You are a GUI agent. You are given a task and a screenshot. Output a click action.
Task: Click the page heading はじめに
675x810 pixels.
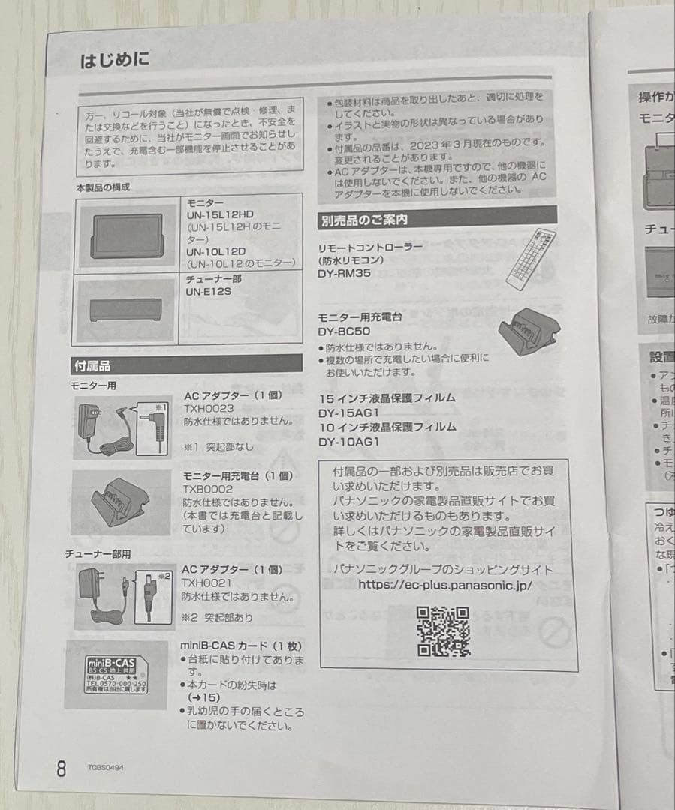[x=114, y=60]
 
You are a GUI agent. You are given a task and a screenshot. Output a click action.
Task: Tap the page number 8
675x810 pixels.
[x=62, y=768]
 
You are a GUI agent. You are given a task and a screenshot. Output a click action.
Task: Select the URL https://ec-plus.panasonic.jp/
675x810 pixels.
[x=444, y=584]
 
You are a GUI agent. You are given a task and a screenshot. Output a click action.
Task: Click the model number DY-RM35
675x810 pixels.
[x=345, y=274]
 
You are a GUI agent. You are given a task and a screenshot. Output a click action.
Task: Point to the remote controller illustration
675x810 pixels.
[x=530, y=259]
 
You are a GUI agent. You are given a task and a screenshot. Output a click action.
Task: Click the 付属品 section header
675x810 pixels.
[x=92, y=366]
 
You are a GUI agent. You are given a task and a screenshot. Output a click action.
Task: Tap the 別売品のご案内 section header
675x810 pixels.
[x=364, y=220]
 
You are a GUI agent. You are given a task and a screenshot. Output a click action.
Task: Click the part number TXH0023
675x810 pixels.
[x=207, y=408]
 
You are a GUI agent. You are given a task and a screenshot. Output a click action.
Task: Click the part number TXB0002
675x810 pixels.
[x=206, y=489]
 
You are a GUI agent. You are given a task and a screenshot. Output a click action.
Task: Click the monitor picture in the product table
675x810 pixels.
[x=125, y=234]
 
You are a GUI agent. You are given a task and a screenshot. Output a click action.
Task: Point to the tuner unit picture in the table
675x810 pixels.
[x=125, y=308]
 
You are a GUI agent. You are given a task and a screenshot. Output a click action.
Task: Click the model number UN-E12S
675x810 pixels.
[x=209, y=291]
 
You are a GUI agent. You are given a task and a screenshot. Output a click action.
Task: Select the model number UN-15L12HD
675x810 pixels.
[x=220, y=214]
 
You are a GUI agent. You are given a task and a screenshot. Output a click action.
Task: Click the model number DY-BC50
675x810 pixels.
[x=344, y=331]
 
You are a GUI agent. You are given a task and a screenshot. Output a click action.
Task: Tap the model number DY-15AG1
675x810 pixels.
[x=348, y=412]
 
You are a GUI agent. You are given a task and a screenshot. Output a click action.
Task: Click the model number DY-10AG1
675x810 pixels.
[x=348, y=441]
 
